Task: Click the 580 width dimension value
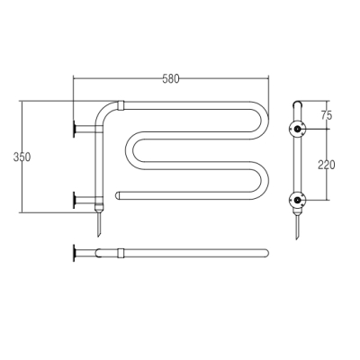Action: click(x=171, y=79)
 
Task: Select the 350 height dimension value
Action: click(x=22, y=157)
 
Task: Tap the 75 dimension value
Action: click(x=327, y=115)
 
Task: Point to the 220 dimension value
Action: click(x=327, y=165)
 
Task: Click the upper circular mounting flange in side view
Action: click(x=297, y=130)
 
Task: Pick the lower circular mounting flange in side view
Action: click(x=297, y=200)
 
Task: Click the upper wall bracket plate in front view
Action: click(x=74, y=130)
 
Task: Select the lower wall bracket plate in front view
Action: click(x=74, y=200)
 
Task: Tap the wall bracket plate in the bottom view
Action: click(x=74, y=253)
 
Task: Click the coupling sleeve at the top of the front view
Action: click(x=121, y=105)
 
